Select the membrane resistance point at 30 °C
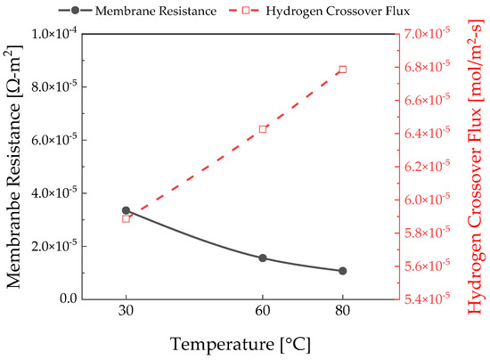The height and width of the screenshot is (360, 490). click(x=126, y=210)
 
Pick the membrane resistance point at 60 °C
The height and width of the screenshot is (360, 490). click(x=263, y=258)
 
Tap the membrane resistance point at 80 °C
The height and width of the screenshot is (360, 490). click(x=342, y=271)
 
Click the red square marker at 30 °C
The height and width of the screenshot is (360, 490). click(x=126, y=218)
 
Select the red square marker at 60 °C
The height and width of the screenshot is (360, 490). click(x=263, y=129)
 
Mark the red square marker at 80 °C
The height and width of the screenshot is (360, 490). click(x=342, y=70)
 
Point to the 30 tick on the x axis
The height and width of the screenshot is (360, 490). click(x=126, y=314)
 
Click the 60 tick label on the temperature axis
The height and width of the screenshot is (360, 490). click(x=263, y=314)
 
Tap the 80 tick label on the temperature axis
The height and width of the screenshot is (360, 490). click(x=342, y=314)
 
